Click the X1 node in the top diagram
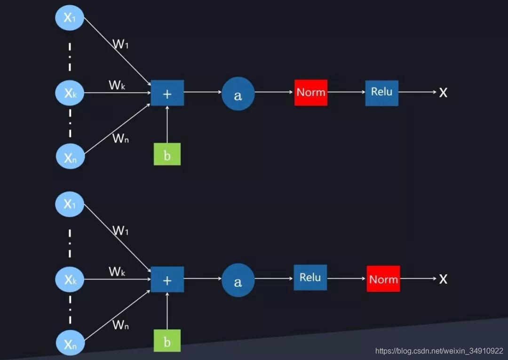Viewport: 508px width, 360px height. click(x=70, y=18)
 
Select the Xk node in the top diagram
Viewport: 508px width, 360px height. click(x=70, y=93)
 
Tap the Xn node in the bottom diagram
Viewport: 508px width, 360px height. click(x=70, y=343)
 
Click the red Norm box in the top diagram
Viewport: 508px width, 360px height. click(x=311, y=92)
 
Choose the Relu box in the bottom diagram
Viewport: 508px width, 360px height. click(x=310, y=277)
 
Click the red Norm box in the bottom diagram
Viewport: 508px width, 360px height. click(x=383, y=279)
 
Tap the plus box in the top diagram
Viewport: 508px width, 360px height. click(x=167, y=93)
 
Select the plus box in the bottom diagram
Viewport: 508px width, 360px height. click(x=167, y=280)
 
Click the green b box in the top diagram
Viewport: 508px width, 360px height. click(x=167, y=154)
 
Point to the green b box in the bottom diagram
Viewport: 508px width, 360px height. click(x=167, y=341)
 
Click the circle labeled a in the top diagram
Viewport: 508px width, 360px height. click(x=238, y=94)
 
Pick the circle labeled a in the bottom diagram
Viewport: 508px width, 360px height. click(x=238, y=280)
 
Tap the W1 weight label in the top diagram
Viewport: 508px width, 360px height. click(x=120, y=44)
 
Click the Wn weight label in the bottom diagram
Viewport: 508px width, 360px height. click(x=120, y=325)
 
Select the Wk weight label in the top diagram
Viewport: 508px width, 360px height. click(x=117, y=85)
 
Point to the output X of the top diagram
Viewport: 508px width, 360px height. click(x=443, y=93)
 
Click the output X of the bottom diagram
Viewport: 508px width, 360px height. click(x=443, y=279)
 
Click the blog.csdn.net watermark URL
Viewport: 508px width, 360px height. click(x=439, y=351)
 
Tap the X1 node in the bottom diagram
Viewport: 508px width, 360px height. click(x=70, y=204)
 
